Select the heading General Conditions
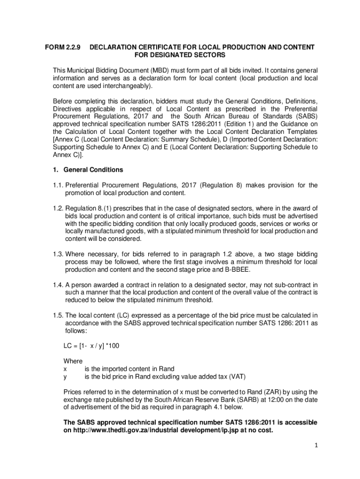pyautogui.click(x=93, y=170)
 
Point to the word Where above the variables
pyautogui.click(x=73, y=361)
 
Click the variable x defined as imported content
pyautogui.click(x=65, y=369)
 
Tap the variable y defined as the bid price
pyautogui.click(x=65, y=376)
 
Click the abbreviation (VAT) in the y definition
pyautogui.click(x=237, y=376)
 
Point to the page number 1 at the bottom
pyautogui.click(x=316, y=446)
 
